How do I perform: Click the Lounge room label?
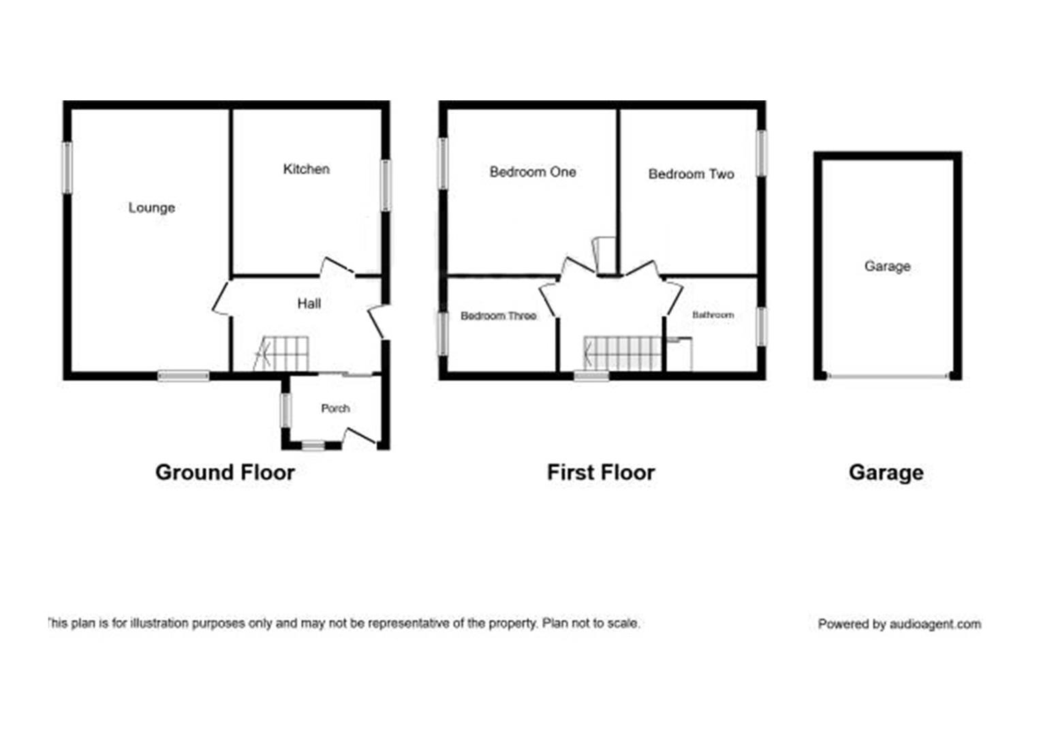(151, 208)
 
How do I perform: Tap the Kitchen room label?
(306, 169)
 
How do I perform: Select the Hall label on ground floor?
(309, 304)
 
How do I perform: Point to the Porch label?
(335, 408)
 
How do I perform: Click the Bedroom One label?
(533, 172)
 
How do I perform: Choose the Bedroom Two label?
(691, 174)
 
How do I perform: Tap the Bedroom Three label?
(498, 316)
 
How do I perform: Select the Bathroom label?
(713, 315)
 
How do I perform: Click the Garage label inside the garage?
(887, 266)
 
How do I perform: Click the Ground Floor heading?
(225, 472)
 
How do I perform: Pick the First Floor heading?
(600, 472)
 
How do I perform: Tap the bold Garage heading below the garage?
(886, 472)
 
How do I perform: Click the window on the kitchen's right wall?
(386, 185)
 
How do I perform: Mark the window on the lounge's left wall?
(67, 167)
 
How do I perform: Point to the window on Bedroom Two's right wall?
(762, 153)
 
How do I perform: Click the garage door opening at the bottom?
(887, 375)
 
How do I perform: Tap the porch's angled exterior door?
(360, 437)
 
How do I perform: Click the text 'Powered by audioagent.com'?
(899, 624)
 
